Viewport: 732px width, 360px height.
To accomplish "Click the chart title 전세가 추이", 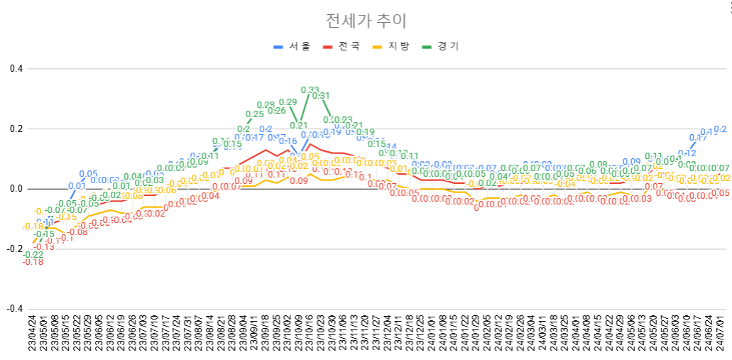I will (366, 21).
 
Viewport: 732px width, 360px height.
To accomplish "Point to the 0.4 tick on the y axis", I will (16, 69).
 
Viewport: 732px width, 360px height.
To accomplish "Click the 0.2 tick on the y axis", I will (16, 129).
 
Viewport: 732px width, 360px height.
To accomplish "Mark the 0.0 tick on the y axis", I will (16, 189).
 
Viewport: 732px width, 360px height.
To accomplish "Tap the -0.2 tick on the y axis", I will (14, 249).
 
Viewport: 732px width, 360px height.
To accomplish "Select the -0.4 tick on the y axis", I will (14, 309).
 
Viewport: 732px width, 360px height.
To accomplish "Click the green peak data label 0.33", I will (310, 90).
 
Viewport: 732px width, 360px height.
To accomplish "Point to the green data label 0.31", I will (321, 96).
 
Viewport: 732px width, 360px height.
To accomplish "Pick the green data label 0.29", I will (288, 102).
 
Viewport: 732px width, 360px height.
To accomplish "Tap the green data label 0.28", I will (266, 105).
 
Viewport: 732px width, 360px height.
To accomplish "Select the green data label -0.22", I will (33, 255).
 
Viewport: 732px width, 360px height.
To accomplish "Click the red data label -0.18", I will (33, 263).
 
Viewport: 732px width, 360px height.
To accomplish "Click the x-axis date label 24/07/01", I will (722, 337).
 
